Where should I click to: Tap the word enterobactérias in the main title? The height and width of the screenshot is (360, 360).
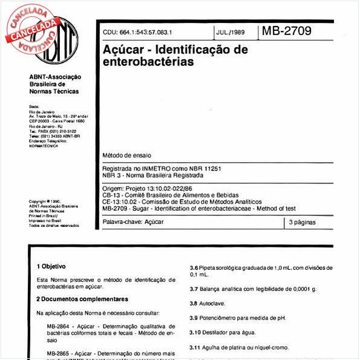click(x=149, y=61)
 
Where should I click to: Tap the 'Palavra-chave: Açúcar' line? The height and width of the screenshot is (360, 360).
click(x=133, y=222)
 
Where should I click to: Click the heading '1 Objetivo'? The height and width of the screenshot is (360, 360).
click(x=51, y=266)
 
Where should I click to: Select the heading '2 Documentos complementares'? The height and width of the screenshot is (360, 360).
click(x=82, y=299)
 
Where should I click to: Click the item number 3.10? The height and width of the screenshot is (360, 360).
click(x=195, y=332)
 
